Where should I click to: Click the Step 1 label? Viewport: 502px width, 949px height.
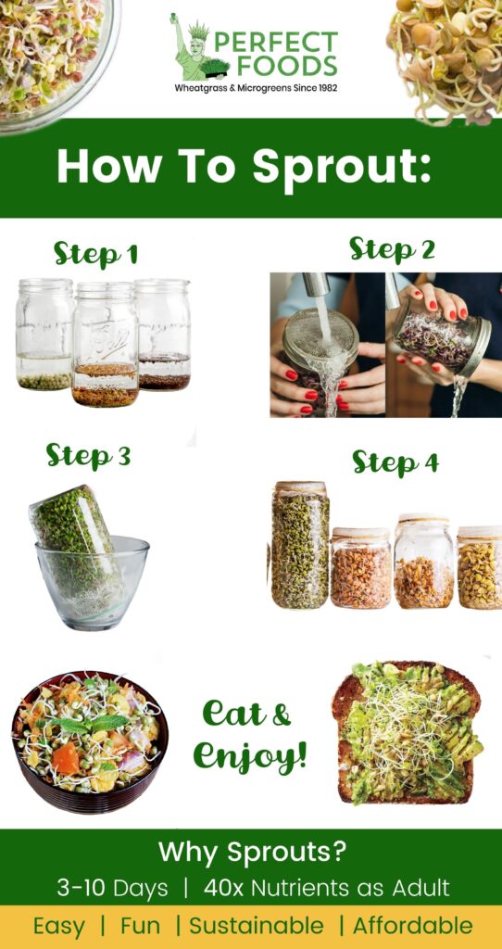tap(95, 253)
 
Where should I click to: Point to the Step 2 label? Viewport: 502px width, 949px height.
tap(392, 248)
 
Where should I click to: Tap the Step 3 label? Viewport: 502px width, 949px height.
tap(88, 456)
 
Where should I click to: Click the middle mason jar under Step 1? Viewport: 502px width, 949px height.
tap(105, 344)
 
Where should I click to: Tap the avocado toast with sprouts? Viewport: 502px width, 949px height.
tap(408, 732)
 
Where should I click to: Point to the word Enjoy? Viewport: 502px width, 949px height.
tap(250, 755)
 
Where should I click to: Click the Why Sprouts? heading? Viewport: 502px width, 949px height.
tap(251, 852)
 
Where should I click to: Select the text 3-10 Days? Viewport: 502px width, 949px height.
tap(112, 888)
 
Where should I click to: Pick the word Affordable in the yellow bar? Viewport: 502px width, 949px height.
tap(412, 925)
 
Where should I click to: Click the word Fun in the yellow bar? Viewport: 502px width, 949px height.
tap(140, 925)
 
